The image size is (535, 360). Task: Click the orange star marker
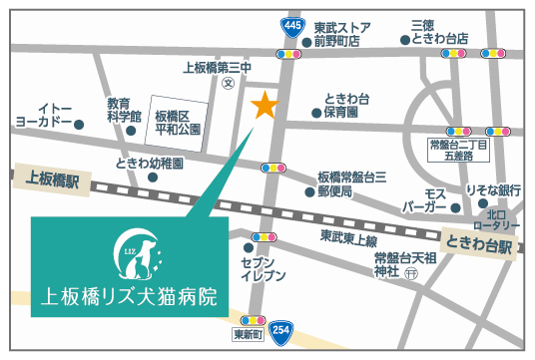pyautogui.click(x=265, y=104)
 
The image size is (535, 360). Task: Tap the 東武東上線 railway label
pyautogui.click(x=348, y=238)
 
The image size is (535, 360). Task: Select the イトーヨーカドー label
pyautogui.click(x=44, y=115)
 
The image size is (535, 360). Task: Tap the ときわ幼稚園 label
pyautogui.click(x=150, y=163)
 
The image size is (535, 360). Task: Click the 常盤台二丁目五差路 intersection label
pyautogui.click(x=458, y=151)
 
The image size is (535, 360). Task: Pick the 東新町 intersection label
pyautogui.click(x=247, y=333)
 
